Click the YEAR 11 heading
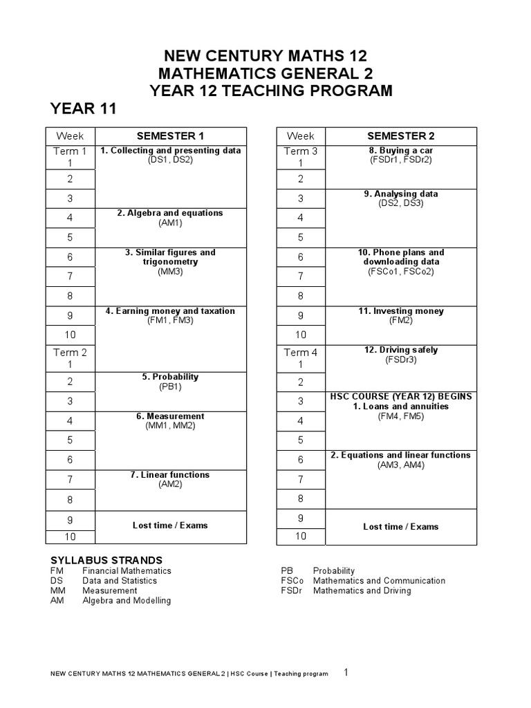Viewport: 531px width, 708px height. click(x=83, y=109)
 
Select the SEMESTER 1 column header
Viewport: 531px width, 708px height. click(x=170, y=136)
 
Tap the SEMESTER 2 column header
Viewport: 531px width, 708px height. click(x=401, y=136)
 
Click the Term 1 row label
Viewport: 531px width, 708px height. click(x=70, y=151)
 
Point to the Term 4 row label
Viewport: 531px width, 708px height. click(x=301, y=353)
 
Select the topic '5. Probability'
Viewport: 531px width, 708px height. click(x=170, y=377)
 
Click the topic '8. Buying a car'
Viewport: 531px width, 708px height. click(x=401, y=150)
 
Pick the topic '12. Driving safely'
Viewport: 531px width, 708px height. click(x=401, y=350)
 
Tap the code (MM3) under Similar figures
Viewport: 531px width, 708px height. click(x=170, y=272)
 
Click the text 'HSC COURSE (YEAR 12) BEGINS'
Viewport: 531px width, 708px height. click(x=401, y=397)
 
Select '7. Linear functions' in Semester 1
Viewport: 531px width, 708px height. click(x=170, y=475)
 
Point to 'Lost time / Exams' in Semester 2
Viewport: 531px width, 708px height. click(x=401, y=527)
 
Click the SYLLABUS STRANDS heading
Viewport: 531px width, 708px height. click(x=106, y=559)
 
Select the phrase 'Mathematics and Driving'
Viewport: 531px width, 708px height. click(x=362, y=590)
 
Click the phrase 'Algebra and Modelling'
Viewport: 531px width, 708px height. click(x=127, y=600)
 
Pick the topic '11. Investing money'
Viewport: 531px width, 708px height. click(x=401, y=311)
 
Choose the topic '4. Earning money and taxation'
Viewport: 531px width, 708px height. click(x=170, y=311)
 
